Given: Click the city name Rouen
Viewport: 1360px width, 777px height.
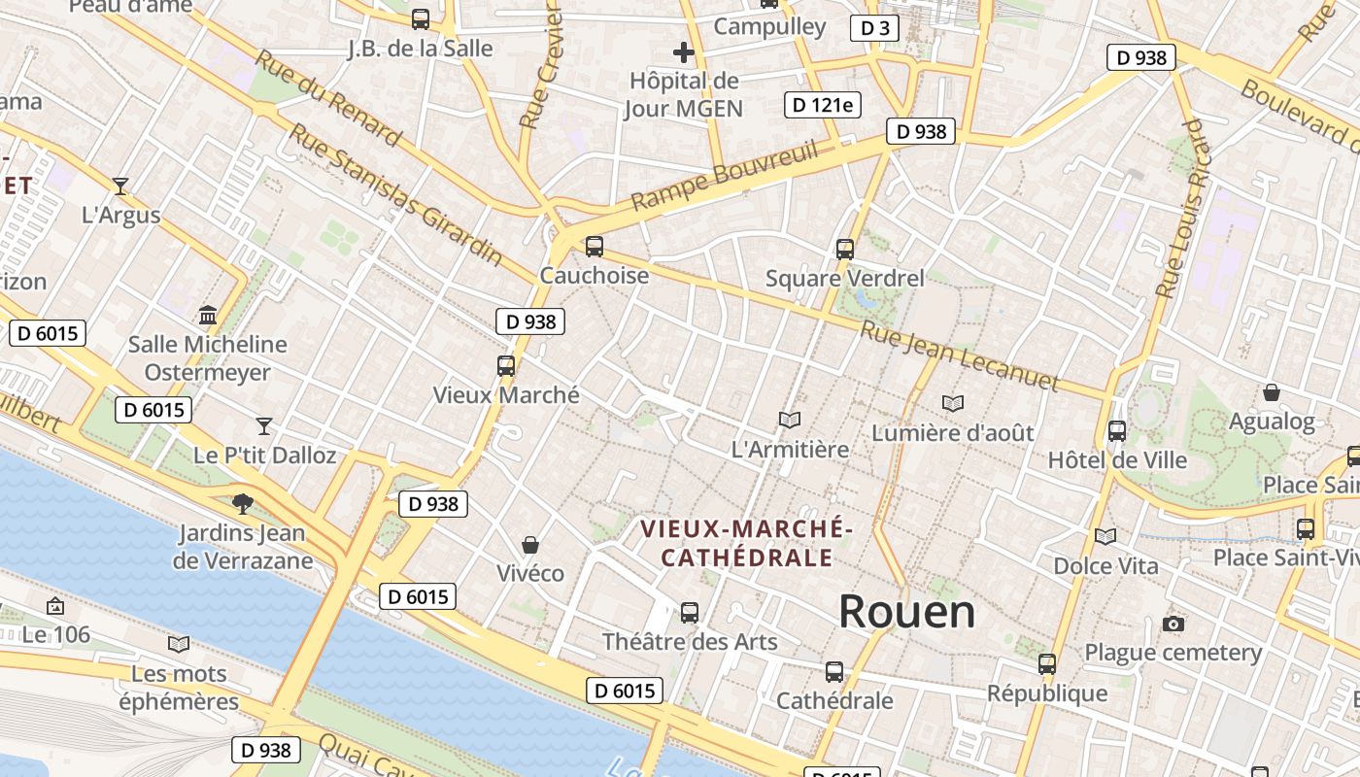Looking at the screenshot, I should [x=906, y=612].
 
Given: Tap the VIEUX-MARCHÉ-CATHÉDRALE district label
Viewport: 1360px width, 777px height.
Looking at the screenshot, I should [x=746, y=543].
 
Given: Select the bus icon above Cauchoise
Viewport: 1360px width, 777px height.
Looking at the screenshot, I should [x=595, y=247].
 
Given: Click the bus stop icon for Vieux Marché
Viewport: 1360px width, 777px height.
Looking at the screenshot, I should [x=506, y=366].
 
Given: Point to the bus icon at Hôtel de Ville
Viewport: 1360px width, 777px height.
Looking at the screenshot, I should [x=1117, y=431].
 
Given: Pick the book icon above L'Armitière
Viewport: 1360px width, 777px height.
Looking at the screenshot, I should [x=790, y=420].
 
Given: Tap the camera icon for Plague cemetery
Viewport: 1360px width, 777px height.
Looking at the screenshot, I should [x=1173, y=624].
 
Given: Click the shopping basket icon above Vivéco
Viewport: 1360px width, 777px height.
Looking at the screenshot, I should [x=530, y=544].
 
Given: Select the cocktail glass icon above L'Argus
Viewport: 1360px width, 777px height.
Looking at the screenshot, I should [x=120, y=186].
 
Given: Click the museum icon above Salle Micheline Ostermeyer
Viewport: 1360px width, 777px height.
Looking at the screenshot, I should [x=208, y=316].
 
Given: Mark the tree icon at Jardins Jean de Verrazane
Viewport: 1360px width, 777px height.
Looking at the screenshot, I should [x=242, y=503].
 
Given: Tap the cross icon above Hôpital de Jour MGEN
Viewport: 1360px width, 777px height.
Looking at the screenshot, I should [x=684, y=52].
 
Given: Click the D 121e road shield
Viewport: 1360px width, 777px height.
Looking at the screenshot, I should [x=823, y=105].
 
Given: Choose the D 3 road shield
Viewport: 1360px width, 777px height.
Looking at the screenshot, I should [x=874, y=28].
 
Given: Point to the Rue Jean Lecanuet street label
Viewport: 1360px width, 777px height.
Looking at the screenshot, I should [x=958, y=355].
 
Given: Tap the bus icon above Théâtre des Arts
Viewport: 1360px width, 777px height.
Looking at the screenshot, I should [x=690, y=613].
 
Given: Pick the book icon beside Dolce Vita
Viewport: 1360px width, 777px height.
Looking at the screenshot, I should [x=1105, y=536].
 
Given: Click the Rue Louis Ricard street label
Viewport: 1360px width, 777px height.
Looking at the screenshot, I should [x=1184, y=208].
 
